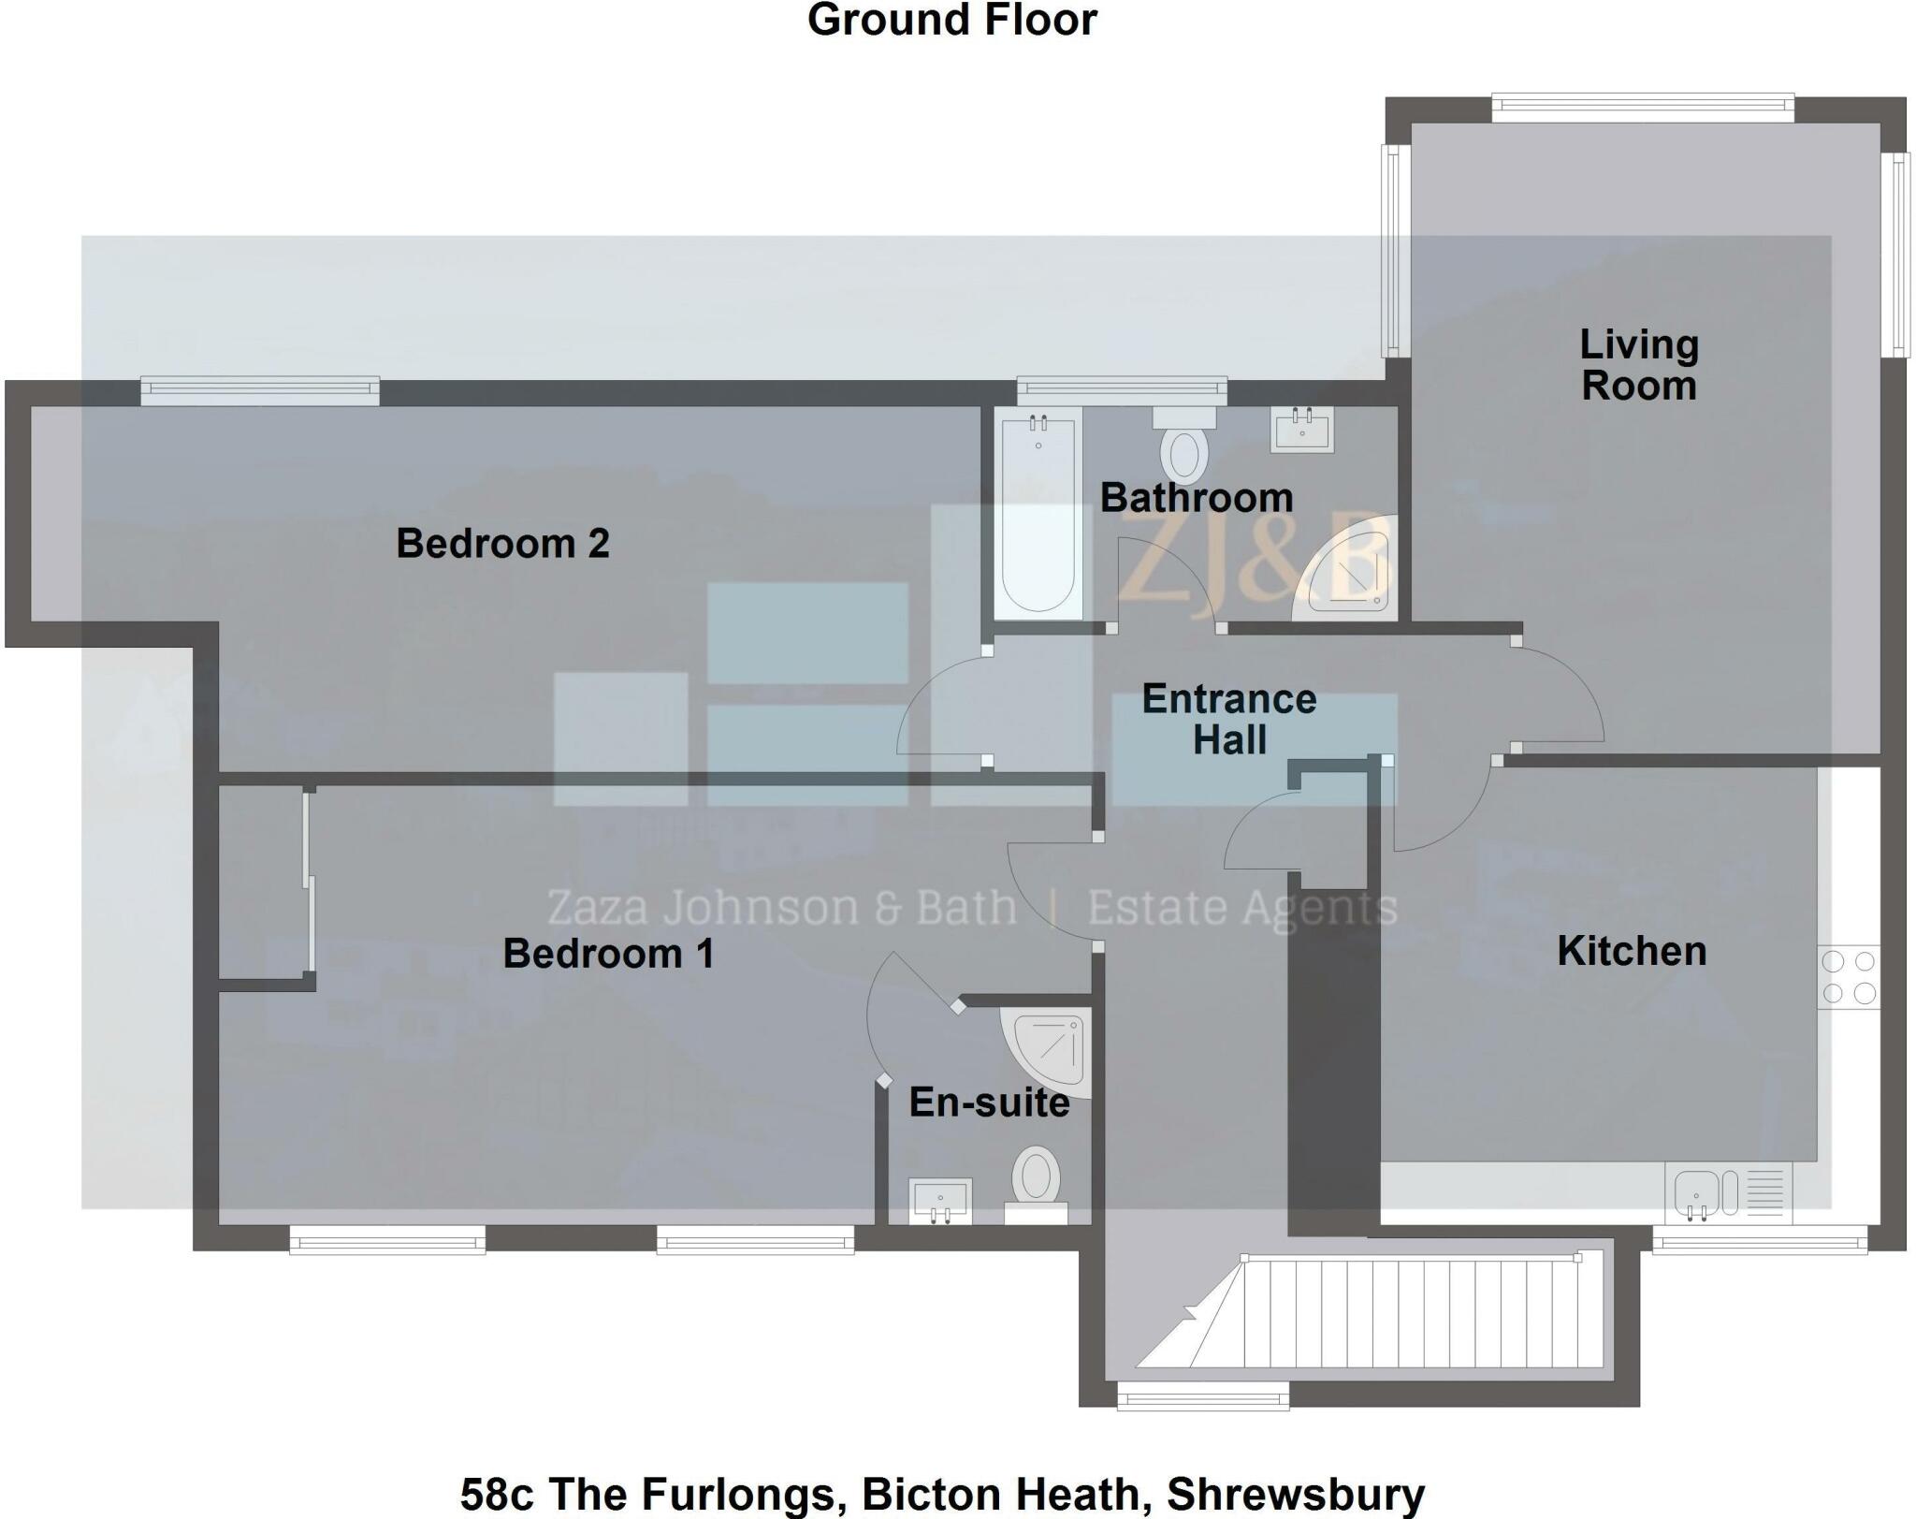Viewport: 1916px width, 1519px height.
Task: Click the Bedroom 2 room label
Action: tap(502, 544)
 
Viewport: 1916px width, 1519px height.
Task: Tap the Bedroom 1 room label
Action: tap(608, 954)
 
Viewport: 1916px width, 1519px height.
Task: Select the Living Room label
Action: tap(1639, 365)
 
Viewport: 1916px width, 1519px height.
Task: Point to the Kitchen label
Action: tap(1632, 951)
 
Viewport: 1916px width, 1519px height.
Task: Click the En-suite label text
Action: tap(989, 1103)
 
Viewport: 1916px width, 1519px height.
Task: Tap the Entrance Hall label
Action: tap(1229, 720)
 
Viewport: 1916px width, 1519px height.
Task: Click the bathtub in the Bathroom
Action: tap(1038, 515)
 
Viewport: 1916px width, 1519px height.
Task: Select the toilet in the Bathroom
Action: tap(1183, 444)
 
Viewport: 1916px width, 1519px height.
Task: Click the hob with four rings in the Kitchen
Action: tap(1849, 977)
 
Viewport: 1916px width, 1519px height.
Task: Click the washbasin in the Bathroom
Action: tap(1302, 430)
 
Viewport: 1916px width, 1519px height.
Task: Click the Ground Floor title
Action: tap(951, 21)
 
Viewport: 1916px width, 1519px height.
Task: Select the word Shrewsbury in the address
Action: tap(1296, 1494)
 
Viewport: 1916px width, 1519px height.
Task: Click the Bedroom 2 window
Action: tap(260, 390)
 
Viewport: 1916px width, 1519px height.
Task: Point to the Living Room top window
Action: tap(1643, 108)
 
